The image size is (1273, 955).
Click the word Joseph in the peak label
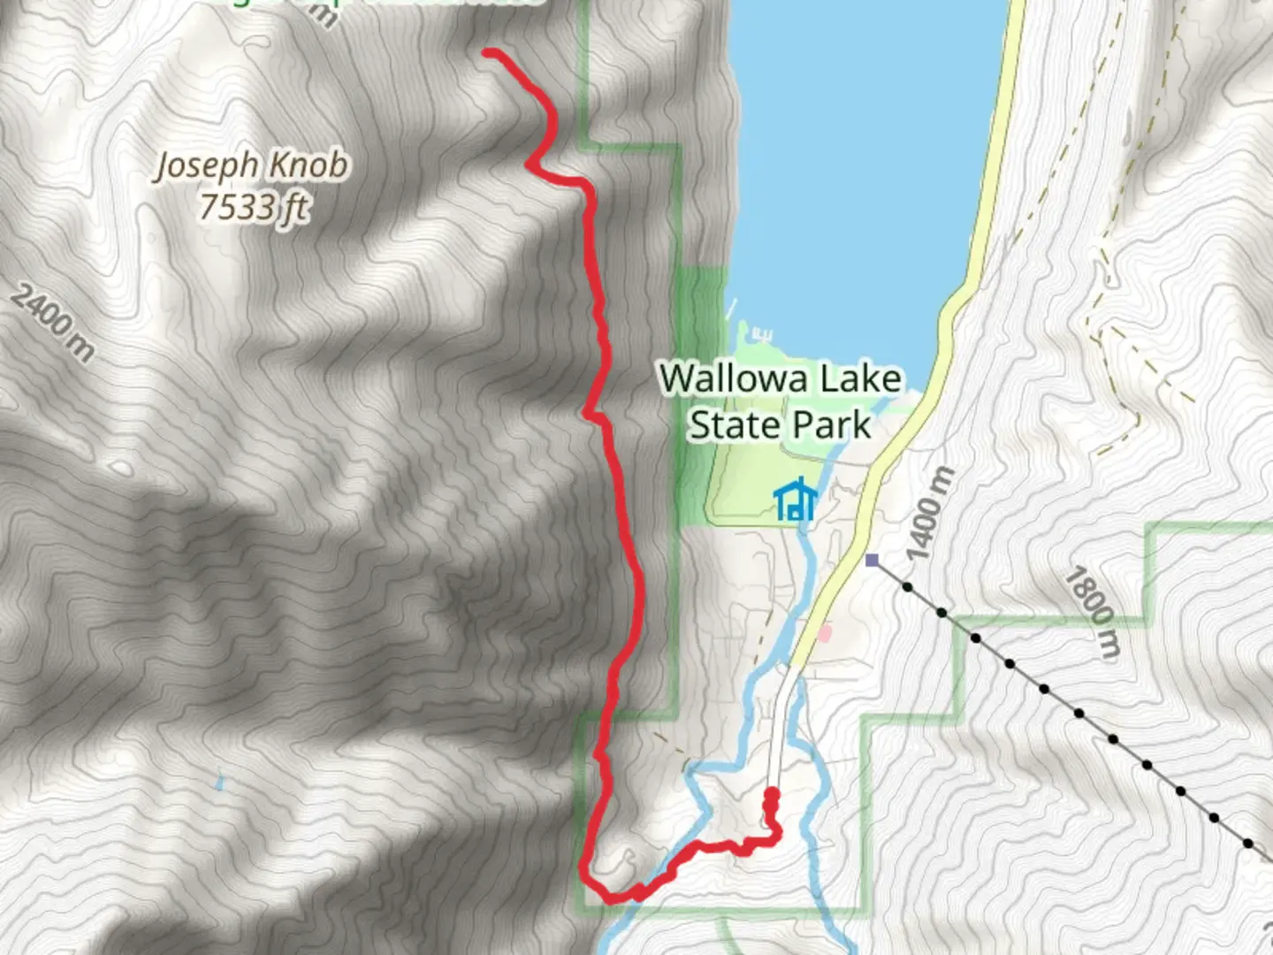point(209,165)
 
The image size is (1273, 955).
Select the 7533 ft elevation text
point(254,207)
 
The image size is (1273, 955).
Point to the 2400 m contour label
point(53,324)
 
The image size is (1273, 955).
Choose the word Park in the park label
point(830,424)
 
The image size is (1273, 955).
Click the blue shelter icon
point(795,500)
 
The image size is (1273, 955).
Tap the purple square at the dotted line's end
point(873,560)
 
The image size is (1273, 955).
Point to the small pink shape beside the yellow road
point(825,633)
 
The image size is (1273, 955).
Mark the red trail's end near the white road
point(772,793)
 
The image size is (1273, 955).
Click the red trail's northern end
point(487,53)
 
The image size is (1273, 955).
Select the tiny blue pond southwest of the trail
point(218,782)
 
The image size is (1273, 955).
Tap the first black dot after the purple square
point(908,586)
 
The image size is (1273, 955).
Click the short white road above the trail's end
point(779,725)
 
